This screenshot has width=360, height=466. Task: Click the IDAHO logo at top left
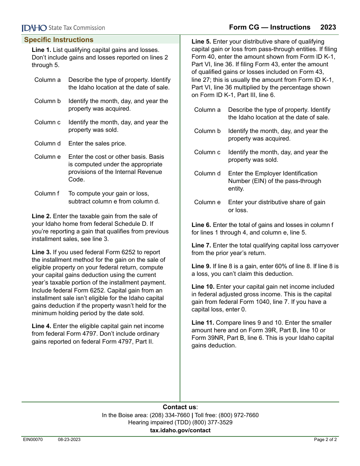[x=34, y=28]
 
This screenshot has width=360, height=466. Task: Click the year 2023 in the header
[x=328, y=27]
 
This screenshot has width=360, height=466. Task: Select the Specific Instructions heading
[x=59, y=40]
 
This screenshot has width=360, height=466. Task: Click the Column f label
[x=47, y=194]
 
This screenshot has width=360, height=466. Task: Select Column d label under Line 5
[x=207, y=174]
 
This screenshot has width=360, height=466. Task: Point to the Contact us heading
[x=180, y=407]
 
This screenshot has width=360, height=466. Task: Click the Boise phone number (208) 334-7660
[x=170, y=415]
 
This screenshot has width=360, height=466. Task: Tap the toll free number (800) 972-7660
[x=238, y=415]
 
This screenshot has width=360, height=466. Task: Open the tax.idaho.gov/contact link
[x=180, y=430]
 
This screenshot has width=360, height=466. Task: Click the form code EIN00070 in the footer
[x=33, y=440]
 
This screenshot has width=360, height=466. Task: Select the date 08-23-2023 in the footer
[x=69, y=440]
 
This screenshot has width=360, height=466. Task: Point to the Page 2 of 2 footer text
[x=325, y=440]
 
